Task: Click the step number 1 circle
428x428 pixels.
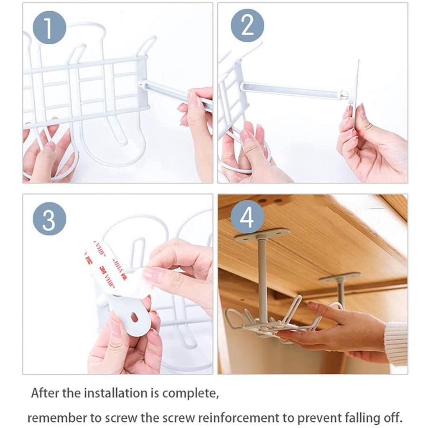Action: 49,27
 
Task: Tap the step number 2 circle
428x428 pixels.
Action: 247,25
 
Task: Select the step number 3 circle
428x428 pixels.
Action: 49,219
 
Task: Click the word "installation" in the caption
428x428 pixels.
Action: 115,393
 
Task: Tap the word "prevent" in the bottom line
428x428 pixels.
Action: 319,418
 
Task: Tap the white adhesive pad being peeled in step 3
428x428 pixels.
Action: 117,269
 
